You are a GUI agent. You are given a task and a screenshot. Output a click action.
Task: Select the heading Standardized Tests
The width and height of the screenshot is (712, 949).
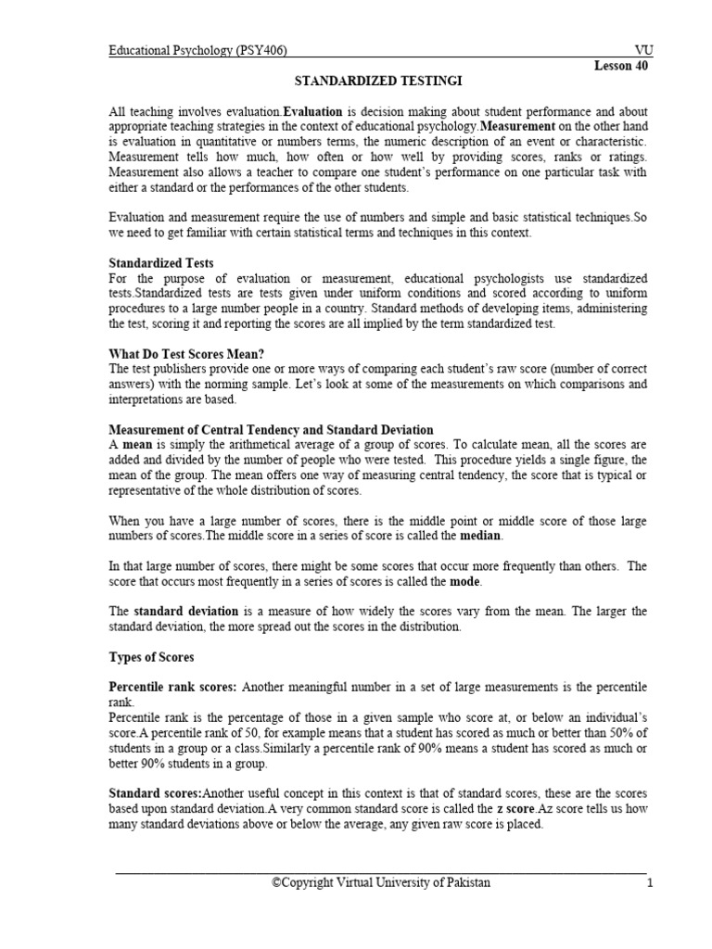[161, 264]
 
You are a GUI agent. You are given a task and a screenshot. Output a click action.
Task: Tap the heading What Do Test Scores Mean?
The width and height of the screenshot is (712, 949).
[185, 354]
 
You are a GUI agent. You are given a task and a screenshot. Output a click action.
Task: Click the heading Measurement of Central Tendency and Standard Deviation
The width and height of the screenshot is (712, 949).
[271, 430]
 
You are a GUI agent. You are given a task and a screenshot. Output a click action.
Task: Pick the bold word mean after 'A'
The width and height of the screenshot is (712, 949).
[137, 445]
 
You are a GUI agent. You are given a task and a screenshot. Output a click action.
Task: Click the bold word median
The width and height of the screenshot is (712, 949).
[481, 536]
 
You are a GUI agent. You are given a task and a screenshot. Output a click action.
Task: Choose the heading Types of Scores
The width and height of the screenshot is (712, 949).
[152, 657]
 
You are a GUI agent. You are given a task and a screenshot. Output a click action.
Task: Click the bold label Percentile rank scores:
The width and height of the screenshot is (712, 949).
[173, 688]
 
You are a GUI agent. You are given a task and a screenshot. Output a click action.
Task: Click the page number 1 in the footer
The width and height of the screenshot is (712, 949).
[651, 883]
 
